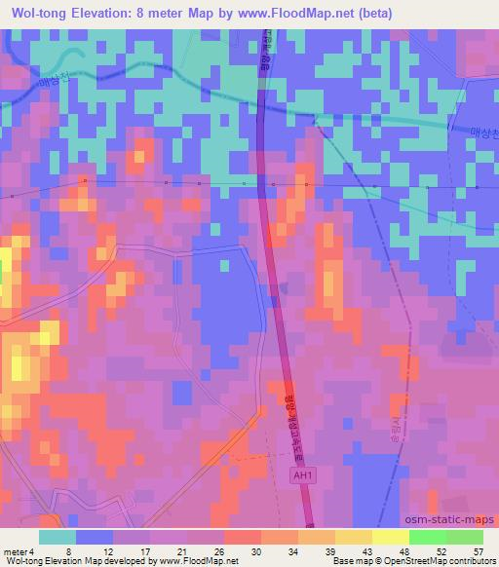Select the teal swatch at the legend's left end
tap(58, 536)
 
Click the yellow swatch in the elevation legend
tap(389, 536)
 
